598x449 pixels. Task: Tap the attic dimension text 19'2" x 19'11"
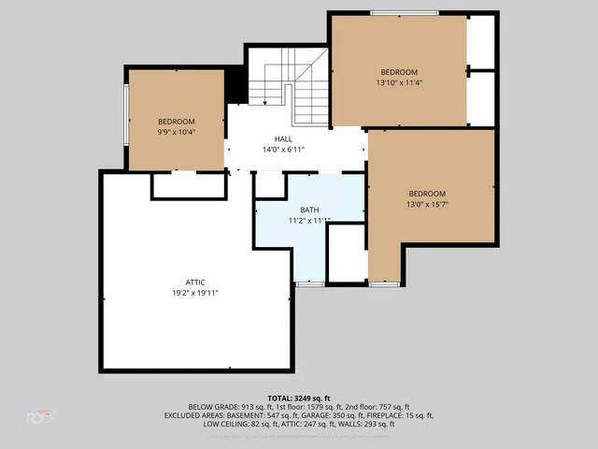coord(195,293)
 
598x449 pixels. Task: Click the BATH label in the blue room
coord(309,210)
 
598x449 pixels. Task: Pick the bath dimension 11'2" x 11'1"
coord(309,221)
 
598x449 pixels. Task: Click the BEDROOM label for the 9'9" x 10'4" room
coord(176,122)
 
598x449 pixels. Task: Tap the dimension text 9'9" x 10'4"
coord(176,133)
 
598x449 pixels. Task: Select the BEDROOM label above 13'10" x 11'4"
coord(398,72)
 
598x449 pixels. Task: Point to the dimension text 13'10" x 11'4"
coord(398,83)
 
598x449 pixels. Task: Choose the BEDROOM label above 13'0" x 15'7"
coord(428,194)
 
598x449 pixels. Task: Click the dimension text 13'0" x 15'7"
coord(428,205)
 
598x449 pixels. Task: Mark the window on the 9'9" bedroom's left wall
coord(126,117)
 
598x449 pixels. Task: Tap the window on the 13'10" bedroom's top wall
coord(405,13)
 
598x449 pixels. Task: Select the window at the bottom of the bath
coord(310,282)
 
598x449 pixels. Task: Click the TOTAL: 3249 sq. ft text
coord(299,398)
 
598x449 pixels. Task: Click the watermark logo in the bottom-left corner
coord(40,417)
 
